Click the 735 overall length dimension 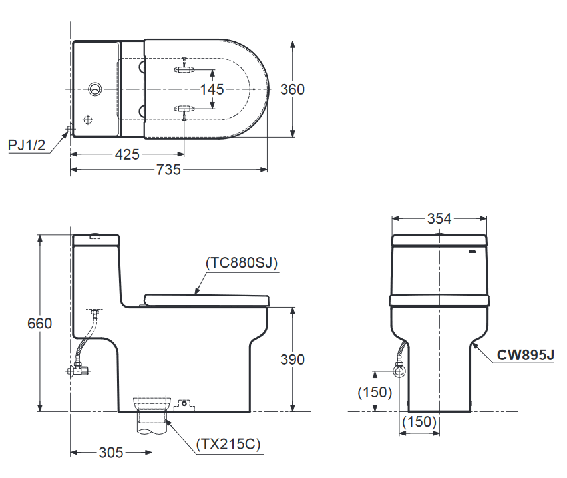(168, 170)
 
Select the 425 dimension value (127, 154)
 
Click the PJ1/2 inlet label (27, 145)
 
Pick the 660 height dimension (39, 324)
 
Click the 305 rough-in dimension (111, 453)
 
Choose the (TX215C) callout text (228, 444)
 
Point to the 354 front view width (439, 218)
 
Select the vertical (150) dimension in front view (375, 392)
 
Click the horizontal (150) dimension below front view (419, 421)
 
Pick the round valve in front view (399, 369)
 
